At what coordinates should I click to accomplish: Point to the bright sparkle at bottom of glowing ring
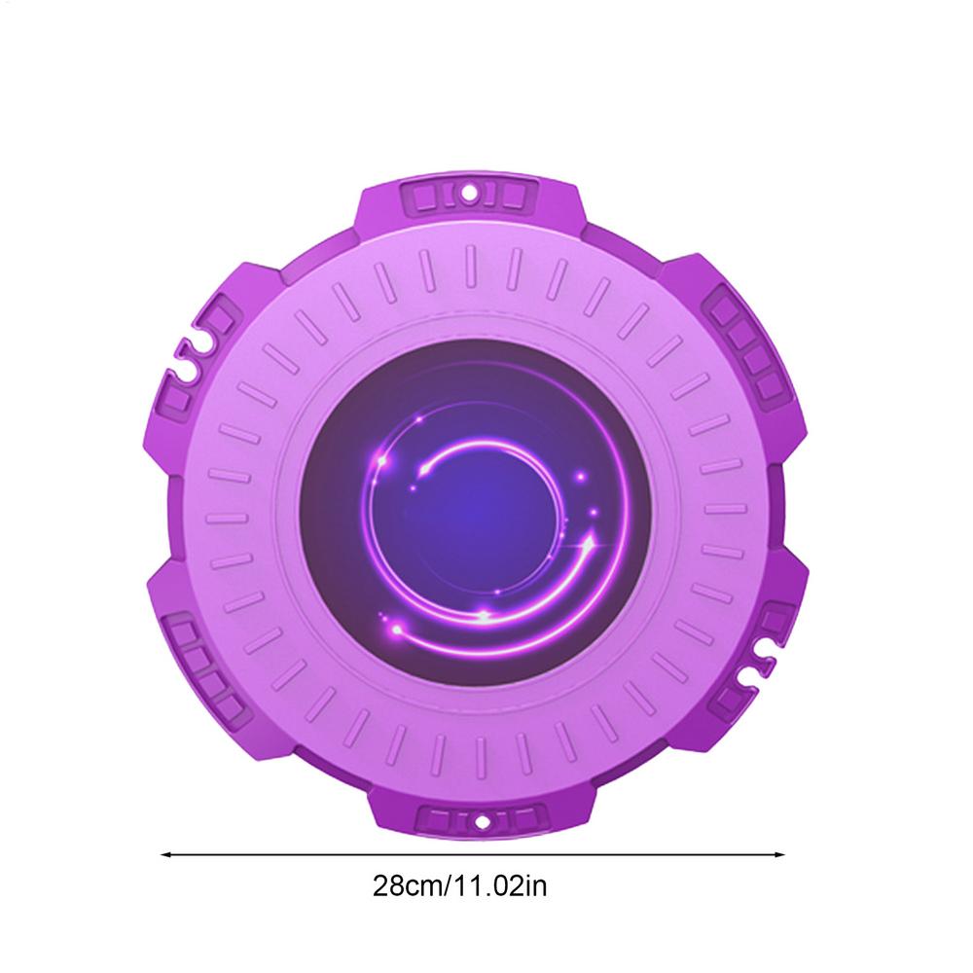484,615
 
